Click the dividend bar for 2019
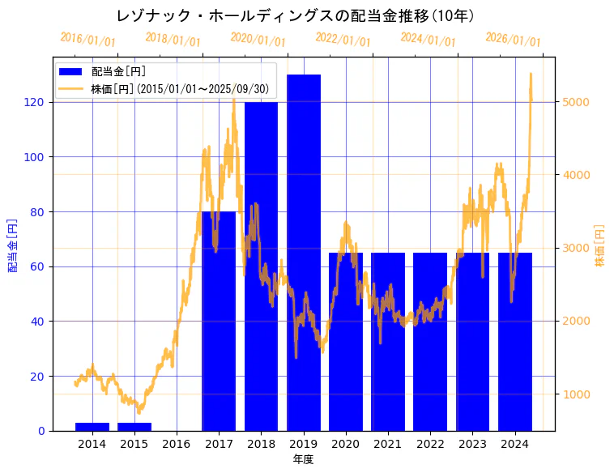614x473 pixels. pos(304,251)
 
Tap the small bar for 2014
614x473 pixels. pos(92,426)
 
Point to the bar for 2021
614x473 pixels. pos(388,341)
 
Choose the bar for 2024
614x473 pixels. pos(515,341)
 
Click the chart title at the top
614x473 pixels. pos(295,16)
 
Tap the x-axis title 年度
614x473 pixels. pos(303,459)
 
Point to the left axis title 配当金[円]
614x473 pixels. pos(13,245)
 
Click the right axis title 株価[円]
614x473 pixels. pos(600,245)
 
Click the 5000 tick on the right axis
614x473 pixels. pos(576,102)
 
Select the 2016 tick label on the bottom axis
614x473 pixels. pos(177,444)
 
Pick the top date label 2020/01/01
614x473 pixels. pos(258,39)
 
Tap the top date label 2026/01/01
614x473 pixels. pos(513,39)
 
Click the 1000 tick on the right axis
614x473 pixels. pos(576,394)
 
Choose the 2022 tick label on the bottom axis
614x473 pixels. pos(430,444)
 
